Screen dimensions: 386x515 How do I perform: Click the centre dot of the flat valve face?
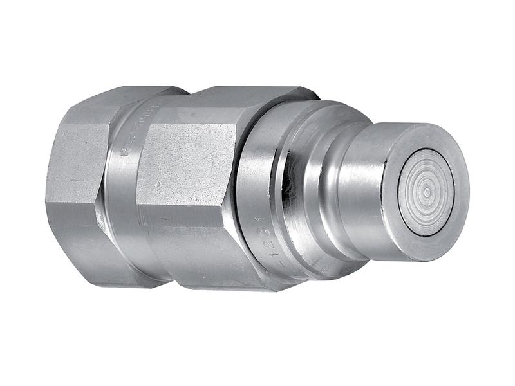pos(426,191)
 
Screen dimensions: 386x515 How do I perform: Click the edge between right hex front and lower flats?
pos(193,228)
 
